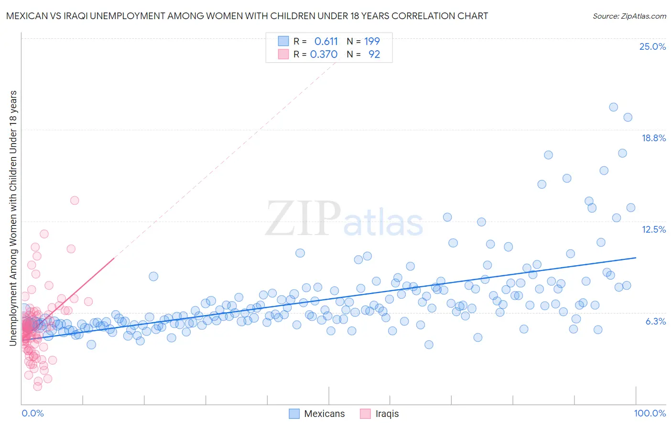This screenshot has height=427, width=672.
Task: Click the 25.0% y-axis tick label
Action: (652, 46)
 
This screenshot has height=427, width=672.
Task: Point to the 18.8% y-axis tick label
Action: (653, 138)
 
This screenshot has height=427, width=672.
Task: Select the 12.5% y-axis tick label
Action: (653, 229)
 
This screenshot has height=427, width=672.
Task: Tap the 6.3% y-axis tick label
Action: (655, 321)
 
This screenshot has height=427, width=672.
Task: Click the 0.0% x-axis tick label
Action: (33, 413)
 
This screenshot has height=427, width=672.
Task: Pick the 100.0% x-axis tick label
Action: (650, 413)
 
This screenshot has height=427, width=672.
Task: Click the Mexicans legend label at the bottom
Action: (324, 414)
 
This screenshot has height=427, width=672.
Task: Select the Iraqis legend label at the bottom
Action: (387, 414)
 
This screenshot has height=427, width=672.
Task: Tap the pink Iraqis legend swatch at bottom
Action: (365, 414)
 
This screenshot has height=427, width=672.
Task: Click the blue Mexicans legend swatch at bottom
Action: (294, 414)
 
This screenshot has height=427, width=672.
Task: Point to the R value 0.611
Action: (326, 41)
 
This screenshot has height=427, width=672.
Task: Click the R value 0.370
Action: (324, 55)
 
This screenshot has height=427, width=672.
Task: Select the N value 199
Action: (372, 41)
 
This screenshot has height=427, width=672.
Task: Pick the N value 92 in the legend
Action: (374, 55)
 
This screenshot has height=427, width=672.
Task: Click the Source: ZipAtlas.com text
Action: (629, 16)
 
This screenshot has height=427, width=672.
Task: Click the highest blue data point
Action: (613, 107)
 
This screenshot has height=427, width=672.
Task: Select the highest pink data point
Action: (75, 201)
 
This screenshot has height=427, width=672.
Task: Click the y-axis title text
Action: (13, 218)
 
